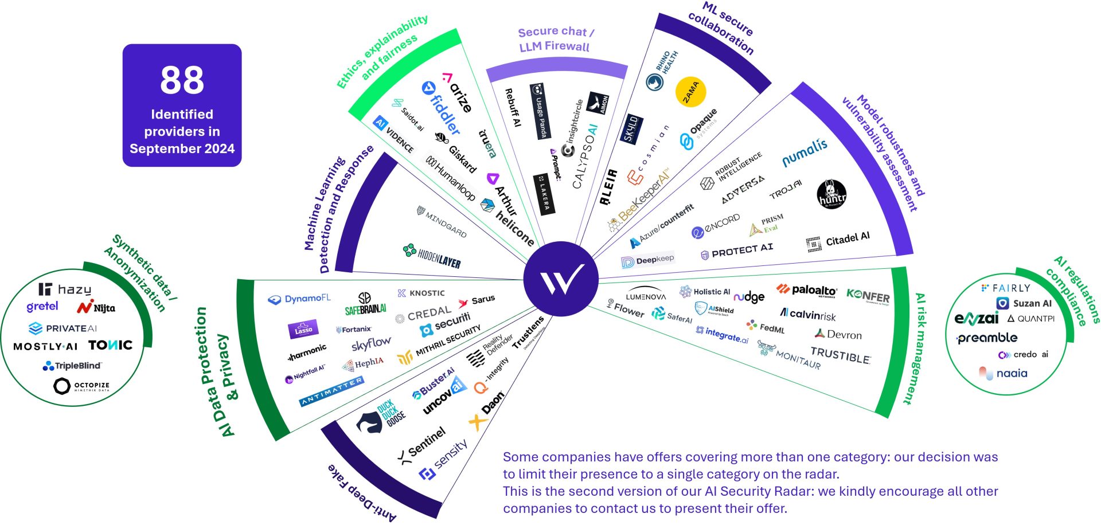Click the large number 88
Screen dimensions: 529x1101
(x=182, y=80)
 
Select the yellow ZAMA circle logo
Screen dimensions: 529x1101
(x=690, y=92)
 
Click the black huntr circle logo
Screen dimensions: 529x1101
(x=831, y=194)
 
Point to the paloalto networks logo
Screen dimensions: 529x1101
(x=807, y=291)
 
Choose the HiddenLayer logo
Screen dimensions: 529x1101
(x=432, y=256)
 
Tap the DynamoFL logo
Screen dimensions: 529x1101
(x=299, y=299)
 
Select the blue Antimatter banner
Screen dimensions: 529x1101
(x=331, y=391)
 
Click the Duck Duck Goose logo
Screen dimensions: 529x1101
(x=382, y=417)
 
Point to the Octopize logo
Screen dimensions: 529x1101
(x=81, y=386)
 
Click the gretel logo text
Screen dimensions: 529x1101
(x=42, y=307)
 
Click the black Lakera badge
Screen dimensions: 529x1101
(x=543, y=195)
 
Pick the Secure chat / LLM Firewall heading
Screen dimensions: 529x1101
(x=555, y=39)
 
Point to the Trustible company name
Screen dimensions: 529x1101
(x=840, y=355)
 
